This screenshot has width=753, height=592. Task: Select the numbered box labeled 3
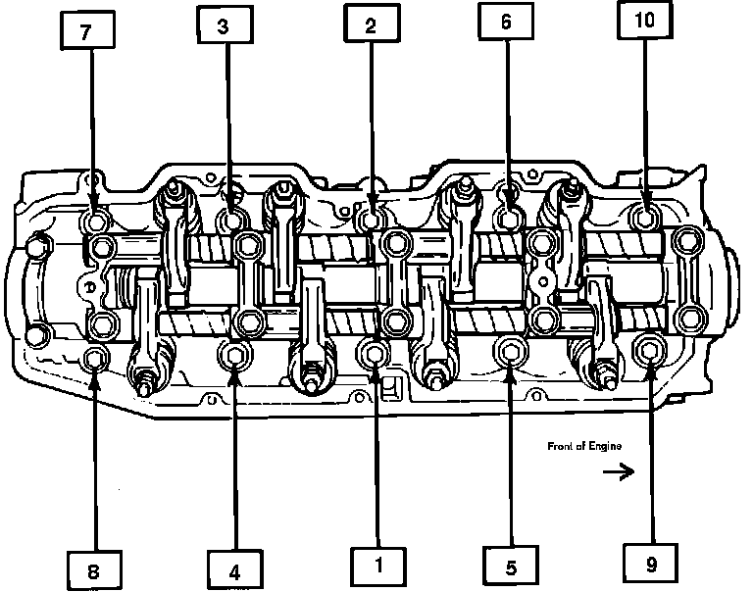(x=224, y=26)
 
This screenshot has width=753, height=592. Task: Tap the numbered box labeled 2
(x=371, y=26)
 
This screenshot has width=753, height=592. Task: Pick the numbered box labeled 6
(x=506, y=25)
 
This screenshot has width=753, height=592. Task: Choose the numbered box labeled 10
(x=644, y=26)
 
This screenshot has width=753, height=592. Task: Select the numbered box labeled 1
(x=376, y=564)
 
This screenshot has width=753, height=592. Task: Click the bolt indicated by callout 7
(x=96, y=219)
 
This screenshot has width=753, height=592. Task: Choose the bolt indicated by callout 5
(x=510, y=351)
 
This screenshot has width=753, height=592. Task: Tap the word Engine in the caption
(x=604, y=447)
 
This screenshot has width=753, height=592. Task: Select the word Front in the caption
(x=560, y=447)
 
